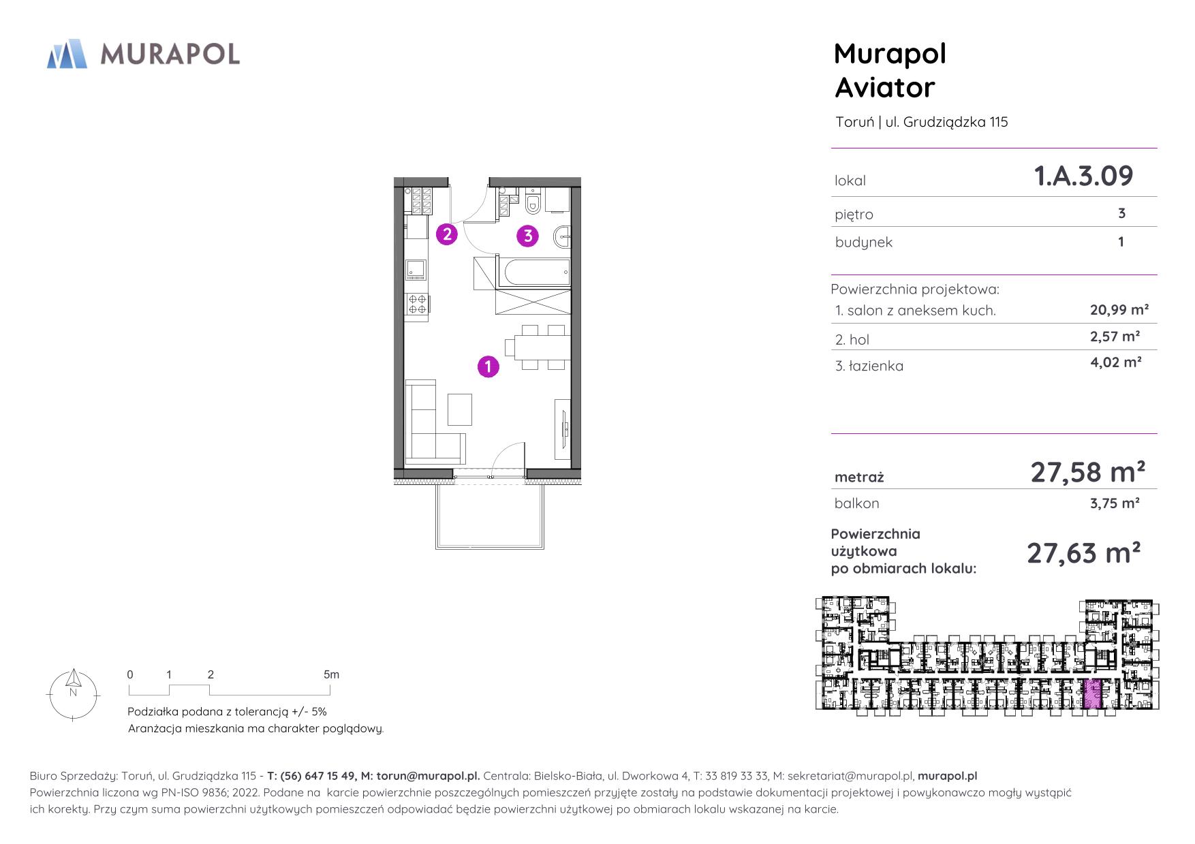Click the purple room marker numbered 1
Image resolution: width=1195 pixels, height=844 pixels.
[x=488, y=366]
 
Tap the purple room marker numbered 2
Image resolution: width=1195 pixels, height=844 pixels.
[x=446, y=234]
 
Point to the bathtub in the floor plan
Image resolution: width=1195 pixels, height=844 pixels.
[x=534, y=272]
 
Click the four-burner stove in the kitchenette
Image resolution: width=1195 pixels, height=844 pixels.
[x=417, y=304]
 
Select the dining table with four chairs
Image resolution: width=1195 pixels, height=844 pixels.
[x=542, y=347]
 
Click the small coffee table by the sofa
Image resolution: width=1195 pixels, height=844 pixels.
[x=459, y=409]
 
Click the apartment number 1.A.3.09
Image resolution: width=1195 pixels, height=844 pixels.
[x=1083, y=176]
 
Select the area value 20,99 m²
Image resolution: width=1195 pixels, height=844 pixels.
[x=1119, y=310]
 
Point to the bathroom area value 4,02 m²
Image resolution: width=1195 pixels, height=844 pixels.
[x=1115, y=362]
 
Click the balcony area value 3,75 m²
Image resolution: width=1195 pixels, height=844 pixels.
[x=1115, y=503]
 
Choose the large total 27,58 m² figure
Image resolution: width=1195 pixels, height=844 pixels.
[x=1087, y=472]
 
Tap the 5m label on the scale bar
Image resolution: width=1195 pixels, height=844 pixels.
[x=331, y=675]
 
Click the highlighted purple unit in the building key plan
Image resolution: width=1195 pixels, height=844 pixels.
[x=1093, y=695]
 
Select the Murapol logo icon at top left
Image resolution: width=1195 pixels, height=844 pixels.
[x=67, y=54]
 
